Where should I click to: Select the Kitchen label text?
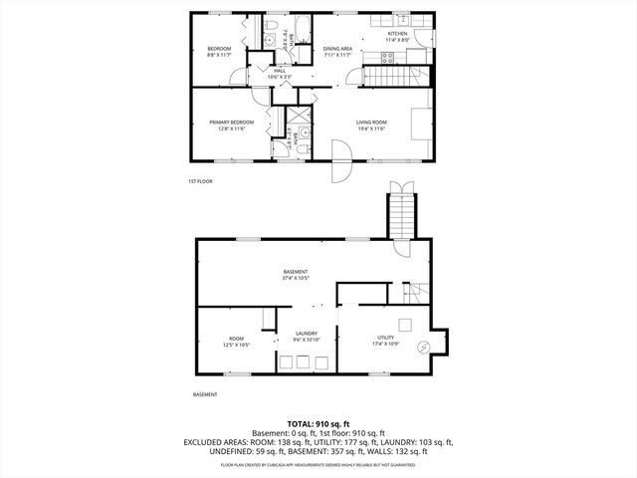[x=398, y=33]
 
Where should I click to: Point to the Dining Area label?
[x=338, y=48]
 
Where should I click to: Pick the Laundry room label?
[x=307, y=334]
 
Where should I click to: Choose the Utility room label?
[x=385, y=339]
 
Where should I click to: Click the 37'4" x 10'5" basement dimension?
[x=296, y=279]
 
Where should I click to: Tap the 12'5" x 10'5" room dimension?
[x=236, y=345]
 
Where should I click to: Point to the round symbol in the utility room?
[x=424, y=348]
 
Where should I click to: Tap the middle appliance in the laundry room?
[x=305, y=360]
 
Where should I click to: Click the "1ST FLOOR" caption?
[x=200, y=181]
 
